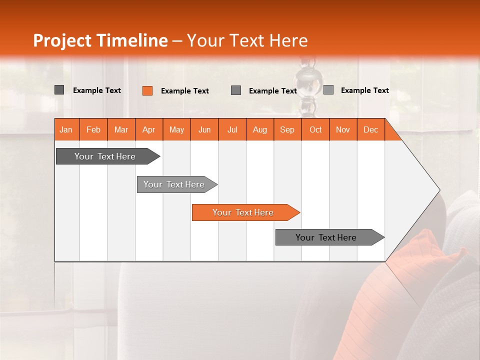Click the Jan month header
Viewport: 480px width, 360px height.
point(66,129)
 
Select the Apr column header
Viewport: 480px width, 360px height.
point(148,129)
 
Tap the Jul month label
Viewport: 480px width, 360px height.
point(232,129)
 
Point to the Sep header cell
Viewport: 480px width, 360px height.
point(287,129)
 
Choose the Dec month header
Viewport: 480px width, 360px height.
point(370,129)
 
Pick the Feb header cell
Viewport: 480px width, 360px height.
point(93,129)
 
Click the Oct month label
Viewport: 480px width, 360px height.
point(315,129)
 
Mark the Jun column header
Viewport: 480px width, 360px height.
point(204,129)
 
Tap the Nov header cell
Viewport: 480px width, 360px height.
point(343,129)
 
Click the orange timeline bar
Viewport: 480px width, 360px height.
point(243,212)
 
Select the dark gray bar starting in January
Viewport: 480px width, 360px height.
point(105,156)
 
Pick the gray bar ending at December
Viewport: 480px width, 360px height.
point(326,237)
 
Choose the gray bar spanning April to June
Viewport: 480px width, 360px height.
point(174,184)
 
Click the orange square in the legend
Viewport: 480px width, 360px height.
point(147,90)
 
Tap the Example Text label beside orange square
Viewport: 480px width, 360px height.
point(185,91)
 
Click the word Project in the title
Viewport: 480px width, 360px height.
point(63,40)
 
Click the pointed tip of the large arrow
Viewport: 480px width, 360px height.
point(438,190)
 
